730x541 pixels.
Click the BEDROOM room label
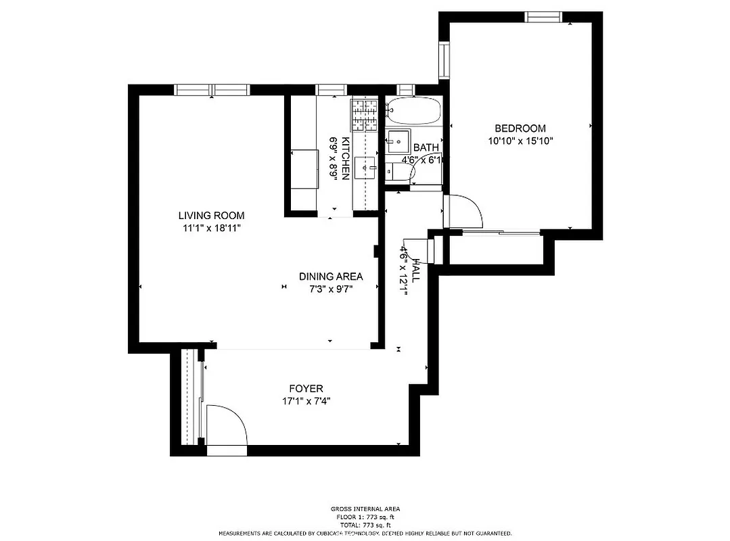pos(520,128)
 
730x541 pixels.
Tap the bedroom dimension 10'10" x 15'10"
pos(520,141)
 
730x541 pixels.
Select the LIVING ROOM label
pos(211,216)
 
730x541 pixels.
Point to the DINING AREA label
pos(331,277)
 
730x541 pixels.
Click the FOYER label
pos(306,389)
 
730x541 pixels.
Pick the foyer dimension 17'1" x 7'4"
pos(306,401)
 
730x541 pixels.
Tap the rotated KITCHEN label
pos(346,158)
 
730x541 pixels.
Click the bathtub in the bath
pos(413,111)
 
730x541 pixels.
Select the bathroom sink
pos(397,140)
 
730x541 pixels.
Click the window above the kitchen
pos(332,89)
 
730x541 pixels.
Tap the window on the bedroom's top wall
pos(543,17)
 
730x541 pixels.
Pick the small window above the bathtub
pos(406,89)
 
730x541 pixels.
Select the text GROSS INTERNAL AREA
pos(365,509)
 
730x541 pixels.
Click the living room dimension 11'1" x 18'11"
pos(211,229)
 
